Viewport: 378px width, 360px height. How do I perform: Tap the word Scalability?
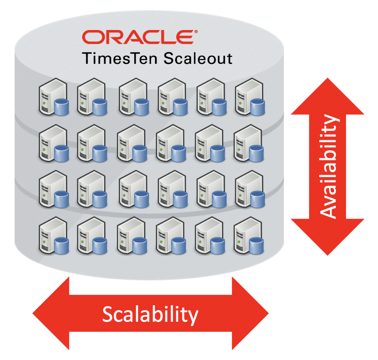coord(150,314)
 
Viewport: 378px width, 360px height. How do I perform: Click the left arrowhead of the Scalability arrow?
coord(52,313)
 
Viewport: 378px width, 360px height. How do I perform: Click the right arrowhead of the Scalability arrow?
coord(249,313)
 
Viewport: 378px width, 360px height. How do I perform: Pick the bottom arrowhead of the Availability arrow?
coord(328,236)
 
